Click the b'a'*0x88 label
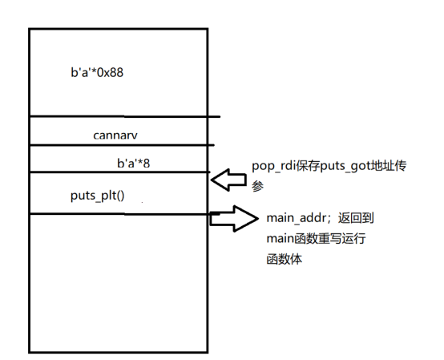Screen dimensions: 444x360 [97, 72]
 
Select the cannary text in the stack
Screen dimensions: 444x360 [115, 136]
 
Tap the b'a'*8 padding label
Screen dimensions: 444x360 [133, 163]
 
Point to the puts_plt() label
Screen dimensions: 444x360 [98, 196]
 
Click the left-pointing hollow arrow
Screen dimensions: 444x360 [228, 180]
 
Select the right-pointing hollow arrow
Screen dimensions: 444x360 [234, 219]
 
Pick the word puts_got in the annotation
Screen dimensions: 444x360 [345, 166]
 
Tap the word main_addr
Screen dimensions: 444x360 [297, 218]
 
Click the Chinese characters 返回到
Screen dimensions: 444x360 [356, 218]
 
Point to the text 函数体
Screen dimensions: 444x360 [285, 259]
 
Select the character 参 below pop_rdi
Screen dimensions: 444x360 [258, 186]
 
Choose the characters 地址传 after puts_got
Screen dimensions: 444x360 [389, 166]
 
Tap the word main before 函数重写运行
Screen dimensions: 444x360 [281, 238]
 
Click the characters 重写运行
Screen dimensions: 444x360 [341, 238]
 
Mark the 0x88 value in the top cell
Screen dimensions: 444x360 [110, 73]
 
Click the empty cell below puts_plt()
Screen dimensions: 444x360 [119, 283]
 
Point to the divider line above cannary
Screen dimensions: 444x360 [125, 116]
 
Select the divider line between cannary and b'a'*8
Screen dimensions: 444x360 [122, 145]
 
